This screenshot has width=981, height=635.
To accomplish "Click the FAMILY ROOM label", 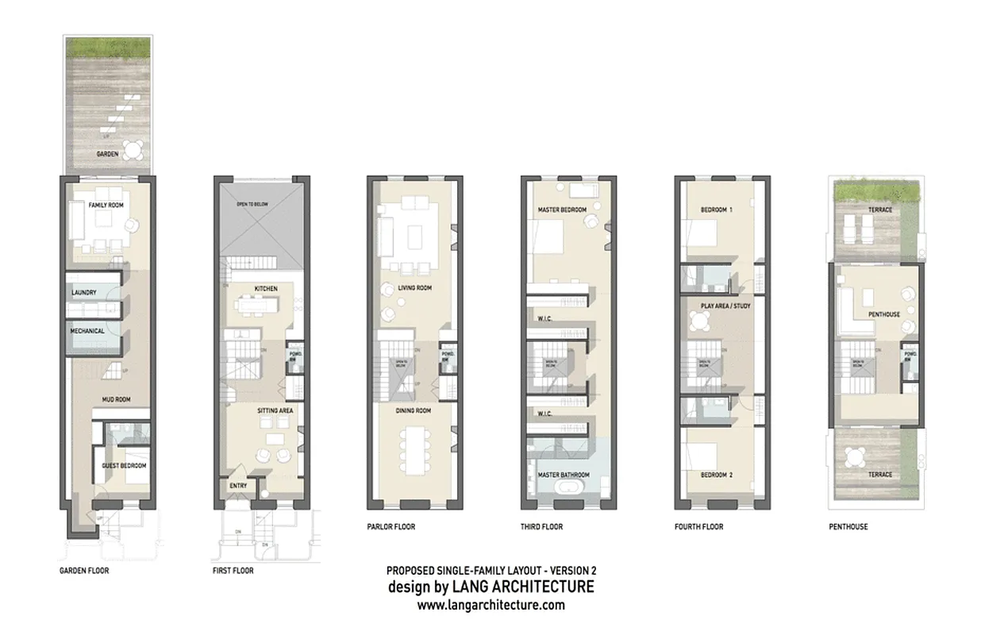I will point(105,205).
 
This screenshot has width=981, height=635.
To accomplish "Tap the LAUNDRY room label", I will point(84,293).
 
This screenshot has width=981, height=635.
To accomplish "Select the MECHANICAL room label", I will point(87,331).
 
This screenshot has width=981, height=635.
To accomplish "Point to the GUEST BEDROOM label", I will point(125,466).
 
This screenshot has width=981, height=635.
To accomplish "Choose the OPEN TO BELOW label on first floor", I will point(253,205).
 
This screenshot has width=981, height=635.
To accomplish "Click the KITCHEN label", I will point(265,288).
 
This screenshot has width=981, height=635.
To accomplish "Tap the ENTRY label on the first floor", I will point(238,485).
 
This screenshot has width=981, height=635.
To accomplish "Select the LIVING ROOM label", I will point(414,288).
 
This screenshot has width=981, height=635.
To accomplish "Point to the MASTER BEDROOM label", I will point(563,210).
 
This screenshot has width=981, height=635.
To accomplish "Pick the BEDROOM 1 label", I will point(716,210).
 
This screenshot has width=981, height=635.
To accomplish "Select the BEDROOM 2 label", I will point(716,475).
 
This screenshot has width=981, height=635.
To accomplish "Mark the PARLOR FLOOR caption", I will point(390,526).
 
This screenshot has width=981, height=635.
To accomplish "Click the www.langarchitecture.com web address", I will point(490,605).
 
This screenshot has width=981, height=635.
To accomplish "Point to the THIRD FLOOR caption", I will point(543,526).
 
